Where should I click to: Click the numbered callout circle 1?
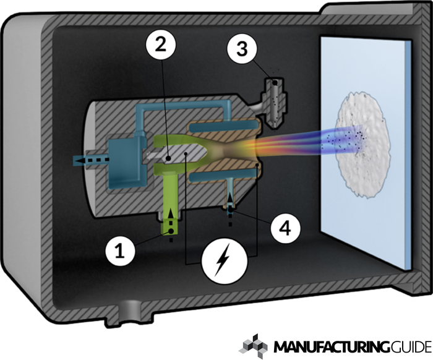tap(120, 251)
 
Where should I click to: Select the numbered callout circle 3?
tap(242, 49)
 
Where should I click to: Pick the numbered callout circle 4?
tap(285, 228)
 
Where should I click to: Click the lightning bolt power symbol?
tap(225, 260)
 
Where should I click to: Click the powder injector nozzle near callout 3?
tap(274, 102)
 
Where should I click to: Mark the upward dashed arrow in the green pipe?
tap(171, 226)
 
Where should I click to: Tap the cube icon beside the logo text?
tap(252, 346)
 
